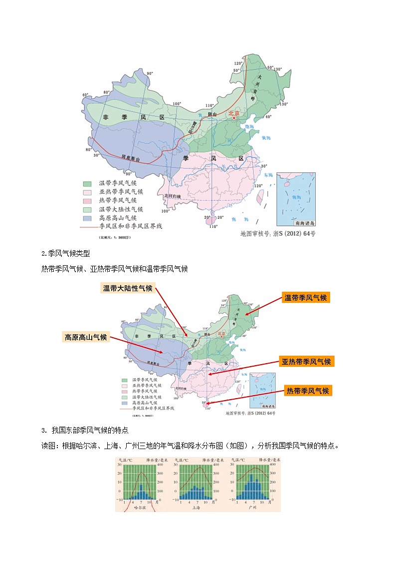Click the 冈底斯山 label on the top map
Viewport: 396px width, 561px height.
(131, 158)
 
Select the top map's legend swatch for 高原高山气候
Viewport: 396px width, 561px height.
(87, 218)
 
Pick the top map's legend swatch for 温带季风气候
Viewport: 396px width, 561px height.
(87, 183)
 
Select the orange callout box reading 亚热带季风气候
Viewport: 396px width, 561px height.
(306, 361)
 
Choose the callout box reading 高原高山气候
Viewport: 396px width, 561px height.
(86, 337)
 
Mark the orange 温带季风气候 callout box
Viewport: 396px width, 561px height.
(305, 297)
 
